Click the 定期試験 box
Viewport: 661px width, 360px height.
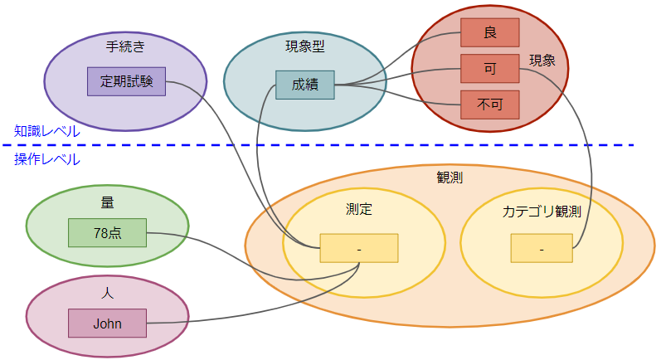tap(126, 81)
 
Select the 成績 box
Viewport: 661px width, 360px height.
tap(304, 85)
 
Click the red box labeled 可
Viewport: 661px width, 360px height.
tap(489, 68)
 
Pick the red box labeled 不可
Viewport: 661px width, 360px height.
tap(489, 105)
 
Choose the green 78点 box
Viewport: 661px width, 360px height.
tap(107, 232)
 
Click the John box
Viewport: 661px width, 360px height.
tap(107, 323)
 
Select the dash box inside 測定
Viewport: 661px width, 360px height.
tap(358, 248)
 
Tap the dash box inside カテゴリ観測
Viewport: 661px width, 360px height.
tap(541, 248)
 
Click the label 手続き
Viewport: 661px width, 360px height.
tap(125, 46)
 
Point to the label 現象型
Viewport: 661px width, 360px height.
tap(304, 46)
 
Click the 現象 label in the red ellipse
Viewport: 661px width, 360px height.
tap(542, 61)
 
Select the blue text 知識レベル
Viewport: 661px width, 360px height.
tap(47, 130)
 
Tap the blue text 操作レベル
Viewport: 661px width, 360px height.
tap(47, 158)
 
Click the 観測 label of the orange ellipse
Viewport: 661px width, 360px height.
tap(450, 178)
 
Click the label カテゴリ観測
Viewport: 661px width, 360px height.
tap(541, 212)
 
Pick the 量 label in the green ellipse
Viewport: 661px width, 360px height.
tap(107, 202)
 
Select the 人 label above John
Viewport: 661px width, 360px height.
tap(107, 292)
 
